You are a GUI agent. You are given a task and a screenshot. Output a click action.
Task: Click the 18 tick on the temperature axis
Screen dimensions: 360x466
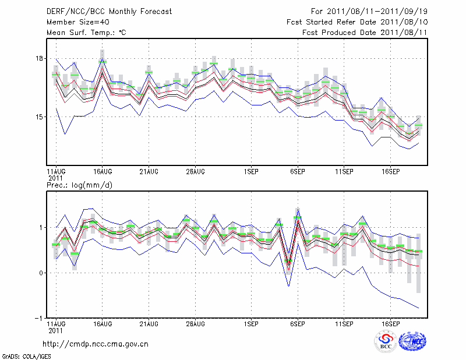coord(39,58)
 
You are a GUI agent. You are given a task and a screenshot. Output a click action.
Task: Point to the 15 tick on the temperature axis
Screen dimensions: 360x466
coord(39,117)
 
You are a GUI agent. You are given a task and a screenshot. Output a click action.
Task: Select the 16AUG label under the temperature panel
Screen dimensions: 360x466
coord(103,172)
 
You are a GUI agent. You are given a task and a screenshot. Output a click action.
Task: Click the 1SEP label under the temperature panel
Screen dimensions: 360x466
coord(251,172)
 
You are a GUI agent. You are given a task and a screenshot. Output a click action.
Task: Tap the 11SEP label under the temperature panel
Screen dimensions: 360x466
coord(344,172)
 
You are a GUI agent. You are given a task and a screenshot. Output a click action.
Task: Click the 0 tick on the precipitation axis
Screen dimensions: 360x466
coord(41,273)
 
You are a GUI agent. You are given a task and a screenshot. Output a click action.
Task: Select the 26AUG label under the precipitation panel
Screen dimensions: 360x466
coord(195,323)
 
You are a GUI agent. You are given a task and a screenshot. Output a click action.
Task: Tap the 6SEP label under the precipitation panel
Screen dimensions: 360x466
coord(298,323)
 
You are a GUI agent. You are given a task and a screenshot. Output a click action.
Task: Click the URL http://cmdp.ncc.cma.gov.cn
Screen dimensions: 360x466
coord(96,344)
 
